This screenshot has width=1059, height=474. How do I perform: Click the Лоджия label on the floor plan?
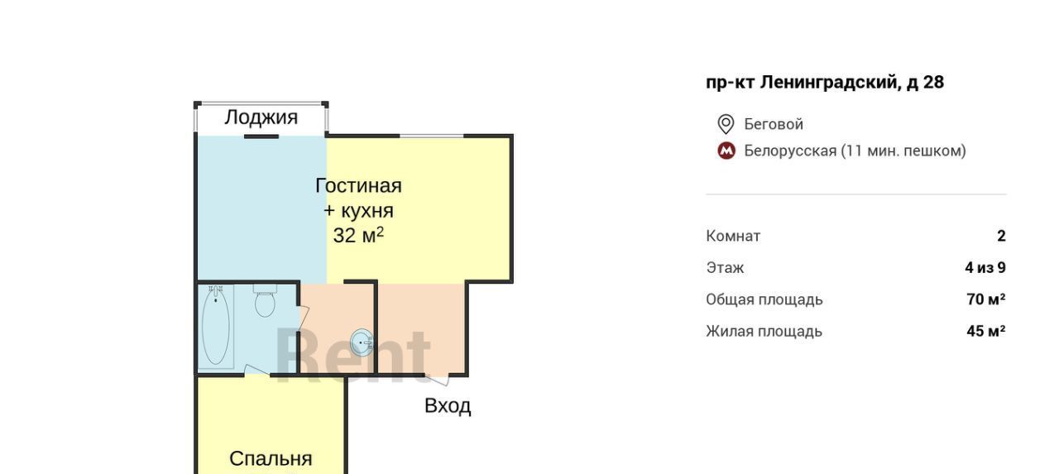[x=261, y=117]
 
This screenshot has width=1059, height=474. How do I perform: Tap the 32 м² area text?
[x=358, y=235]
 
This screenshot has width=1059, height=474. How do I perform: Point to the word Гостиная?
[x=358, y=186]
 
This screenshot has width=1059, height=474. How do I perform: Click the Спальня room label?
[x=271, y=458]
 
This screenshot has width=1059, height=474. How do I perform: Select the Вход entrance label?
[x=448, y=406]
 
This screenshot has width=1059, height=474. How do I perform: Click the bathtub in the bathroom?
[x=216, y=326]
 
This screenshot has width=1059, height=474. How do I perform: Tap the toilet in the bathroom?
[x=265, y=300]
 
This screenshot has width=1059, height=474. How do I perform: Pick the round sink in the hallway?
[x=362, y=342]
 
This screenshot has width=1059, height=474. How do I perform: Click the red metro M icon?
[x=726, y=151]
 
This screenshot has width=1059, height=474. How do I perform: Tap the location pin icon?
[x=726, y=124]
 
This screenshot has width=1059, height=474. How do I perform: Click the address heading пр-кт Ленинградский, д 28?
[x=825, y=82]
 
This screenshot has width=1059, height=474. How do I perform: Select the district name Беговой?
[x=774, y=124]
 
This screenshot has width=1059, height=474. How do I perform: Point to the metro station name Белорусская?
[x=790, y=151]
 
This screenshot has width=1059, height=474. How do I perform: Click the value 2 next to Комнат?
[x=1001, y=236]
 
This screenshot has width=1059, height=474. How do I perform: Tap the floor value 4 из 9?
[x=985, y=267]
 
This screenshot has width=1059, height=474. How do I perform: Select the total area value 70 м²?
[x=985, y=299]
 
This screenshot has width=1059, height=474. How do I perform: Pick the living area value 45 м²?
[x=985, y=331]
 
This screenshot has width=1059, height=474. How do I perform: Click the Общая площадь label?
[x=764, y=299]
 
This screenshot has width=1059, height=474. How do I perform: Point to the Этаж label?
[x=725, y=267]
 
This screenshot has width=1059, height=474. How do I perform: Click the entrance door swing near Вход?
[x=438, y=380]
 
